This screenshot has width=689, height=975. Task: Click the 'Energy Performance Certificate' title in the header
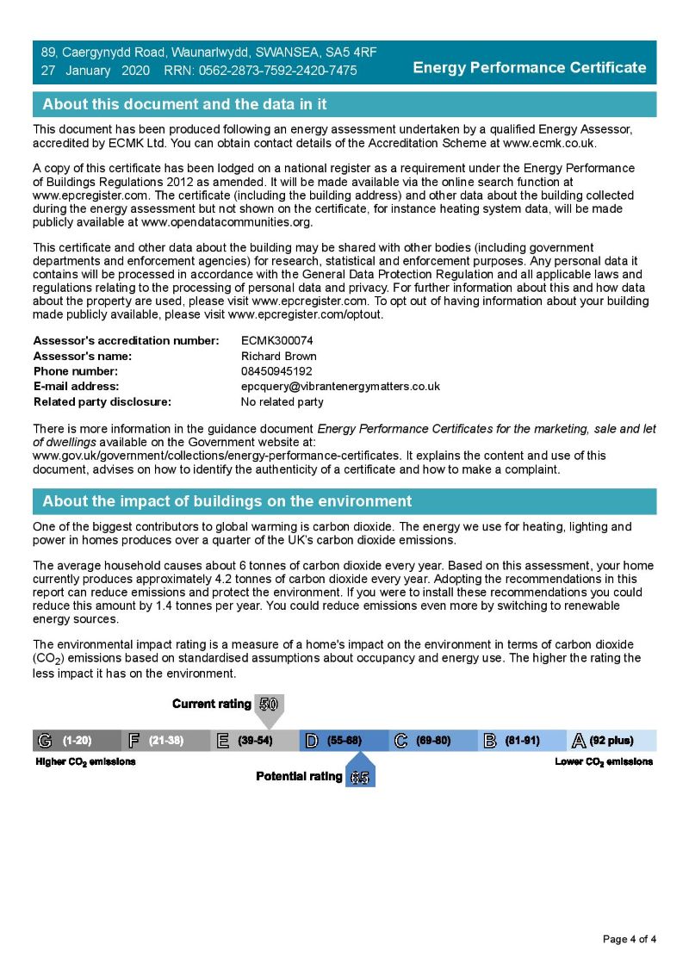click(529, 67)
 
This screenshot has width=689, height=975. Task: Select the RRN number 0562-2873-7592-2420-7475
click(278, 71)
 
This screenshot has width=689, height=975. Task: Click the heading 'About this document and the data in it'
click(184, 104)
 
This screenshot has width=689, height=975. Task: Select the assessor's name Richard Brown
click(278, 356)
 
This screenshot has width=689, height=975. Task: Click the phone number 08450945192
click(276, 371)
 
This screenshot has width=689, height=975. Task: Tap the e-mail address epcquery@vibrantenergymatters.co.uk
click(340, 386)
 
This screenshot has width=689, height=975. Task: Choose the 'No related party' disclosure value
click(282, 401)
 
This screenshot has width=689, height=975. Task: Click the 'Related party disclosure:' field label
click(102, 401)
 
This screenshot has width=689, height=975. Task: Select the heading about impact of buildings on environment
click(227, 501)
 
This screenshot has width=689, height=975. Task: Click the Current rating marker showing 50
click(269, 705)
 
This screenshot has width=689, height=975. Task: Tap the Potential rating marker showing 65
click(360, 777)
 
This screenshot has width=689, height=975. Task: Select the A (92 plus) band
click(611, 741)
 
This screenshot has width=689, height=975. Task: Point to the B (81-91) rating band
click(522, 741)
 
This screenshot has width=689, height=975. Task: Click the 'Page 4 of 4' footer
click(630, 939)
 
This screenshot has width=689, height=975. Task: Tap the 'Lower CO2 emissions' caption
click(603, 761)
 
